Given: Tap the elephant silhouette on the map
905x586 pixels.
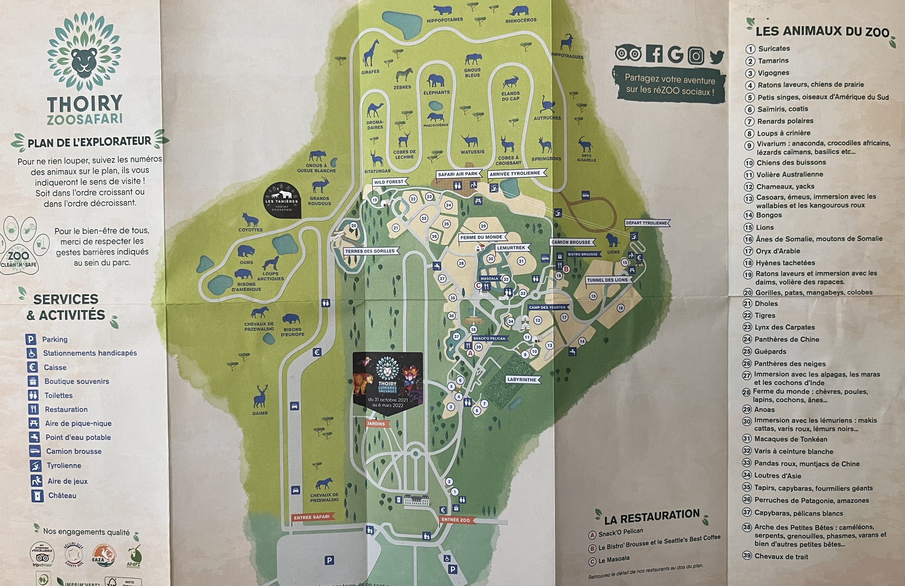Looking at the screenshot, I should [436, 80].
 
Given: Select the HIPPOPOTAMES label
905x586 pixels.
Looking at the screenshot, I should [444, 20].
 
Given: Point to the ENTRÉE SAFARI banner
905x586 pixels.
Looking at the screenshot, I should [312, 517].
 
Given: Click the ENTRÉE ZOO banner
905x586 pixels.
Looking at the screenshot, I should [456, 520].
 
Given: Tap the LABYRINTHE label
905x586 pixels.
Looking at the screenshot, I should [522, 380].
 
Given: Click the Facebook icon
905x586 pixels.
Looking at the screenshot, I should [655, 54].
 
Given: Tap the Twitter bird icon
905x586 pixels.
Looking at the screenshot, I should [716, 57].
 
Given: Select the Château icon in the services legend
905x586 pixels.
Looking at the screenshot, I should [37, 495].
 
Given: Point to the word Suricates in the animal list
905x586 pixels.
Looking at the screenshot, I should [774, 49].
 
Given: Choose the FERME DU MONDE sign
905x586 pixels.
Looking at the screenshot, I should [481, 237].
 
